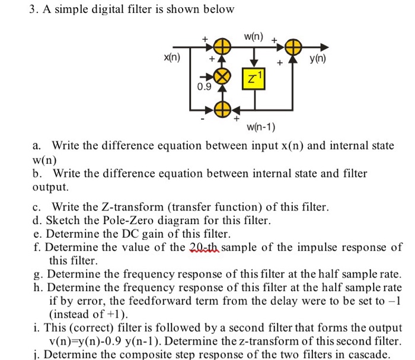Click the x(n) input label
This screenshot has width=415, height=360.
pyautogui.click(x=173, y=59)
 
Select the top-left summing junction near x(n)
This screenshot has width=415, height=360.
pyautogui.click(x=222, y=46)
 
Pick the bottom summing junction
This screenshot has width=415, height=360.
pyautogui.click(x=222, y=109)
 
